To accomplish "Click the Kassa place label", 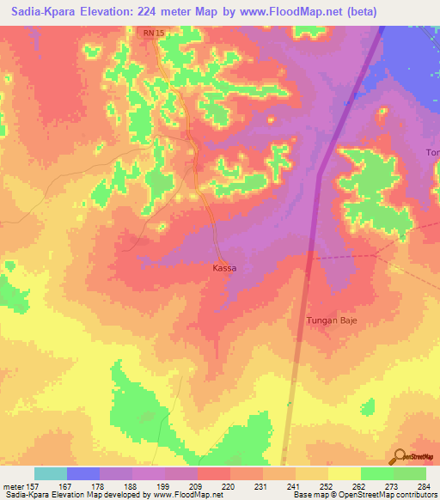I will pyautogui.click(x=223, y=268).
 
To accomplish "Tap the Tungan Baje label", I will pyautogui.click(x=332, y=320).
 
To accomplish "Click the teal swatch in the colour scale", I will pyautogui.click(x=51, y=473).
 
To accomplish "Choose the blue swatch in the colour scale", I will pyautogui.click(x=83, y=473).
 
